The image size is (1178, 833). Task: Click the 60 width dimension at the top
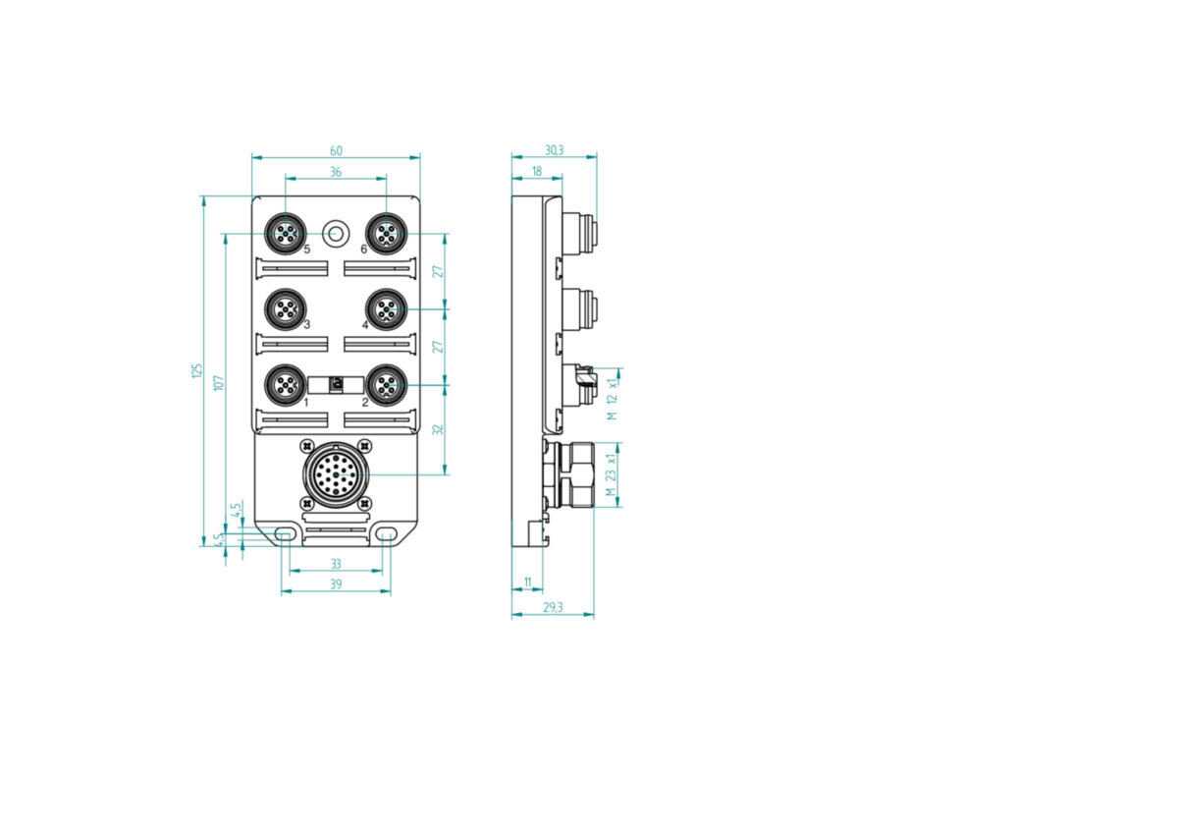click(x=336, y=151)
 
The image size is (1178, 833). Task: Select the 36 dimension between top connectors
click(x=336, y=172)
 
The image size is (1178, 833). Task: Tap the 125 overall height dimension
click(x=196, y=370)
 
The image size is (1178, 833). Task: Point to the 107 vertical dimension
click(x=219, y=382)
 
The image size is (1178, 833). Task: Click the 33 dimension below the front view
click(x=336, y=564)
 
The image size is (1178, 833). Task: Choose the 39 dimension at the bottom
click(x=336, y=584)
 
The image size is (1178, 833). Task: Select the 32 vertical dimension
click(x=438, y=429)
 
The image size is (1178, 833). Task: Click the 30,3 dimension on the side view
click(x=554, y=150)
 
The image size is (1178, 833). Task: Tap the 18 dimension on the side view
click(x=536, y=172)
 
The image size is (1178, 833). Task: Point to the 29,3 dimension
click(x=553, y=608)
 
